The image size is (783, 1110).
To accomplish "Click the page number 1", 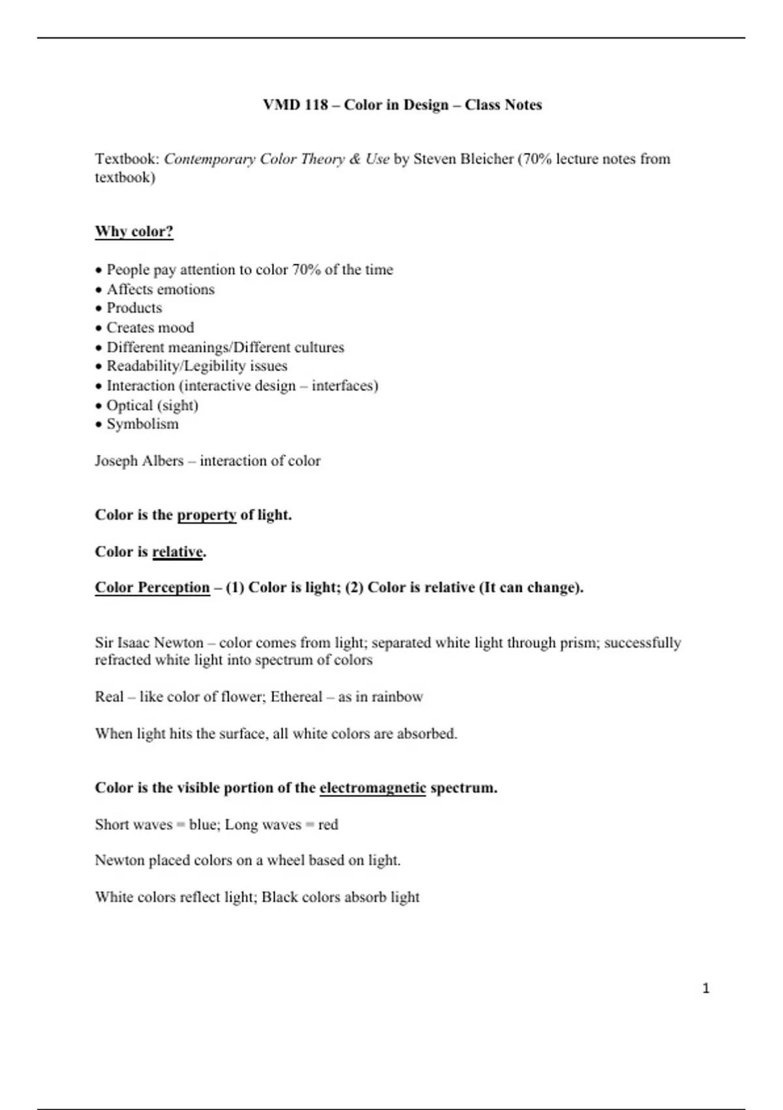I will click(x=705, y=989).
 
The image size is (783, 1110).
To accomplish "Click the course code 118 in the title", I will click(x=316, y=105).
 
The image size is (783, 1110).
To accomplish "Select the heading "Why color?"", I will click(x=134, y=232).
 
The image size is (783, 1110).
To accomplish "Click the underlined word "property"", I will click(x=206, y=515).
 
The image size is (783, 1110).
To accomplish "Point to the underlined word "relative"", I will click(x=177, y=552).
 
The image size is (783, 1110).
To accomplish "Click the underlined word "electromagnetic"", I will click(x=373, y=788).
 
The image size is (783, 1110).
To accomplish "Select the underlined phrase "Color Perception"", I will click(x=152, y=588).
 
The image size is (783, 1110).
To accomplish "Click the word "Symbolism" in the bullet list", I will click(x=142, y=424).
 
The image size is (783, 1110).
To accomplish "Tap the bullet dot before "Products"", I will click(x=99, y=309).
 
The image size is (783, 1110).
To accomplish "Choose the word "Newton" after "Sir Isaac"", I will click(x=178, y=643).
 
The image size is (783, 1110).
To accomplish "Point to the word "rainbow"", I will click(x=397, y=697).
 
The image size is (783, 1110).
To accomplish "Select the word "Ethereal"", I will click(x=296, y=697).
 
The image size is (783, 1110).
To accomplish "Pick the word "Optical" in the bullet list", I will click(x=129, y=405).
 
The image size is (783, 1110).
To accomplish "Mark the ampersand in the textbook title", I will click(x=355, y=159).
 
